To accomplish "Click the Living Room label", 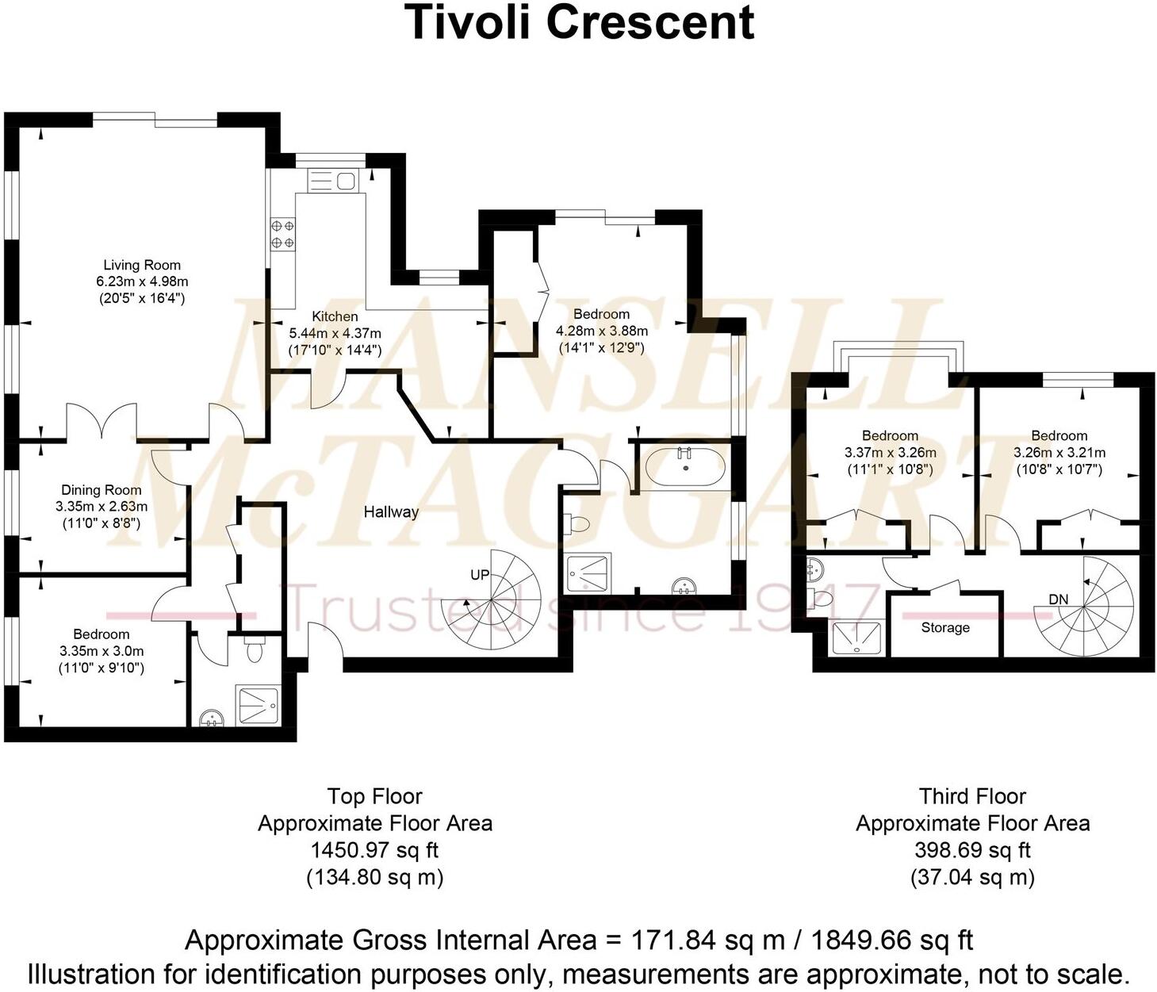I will coord(142,265).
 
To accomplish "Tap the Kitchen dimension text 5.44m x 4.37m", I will coord(335,333).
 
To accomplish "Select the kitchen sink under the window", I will coord(333,182).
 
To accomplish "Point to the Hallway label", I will coord(391,512).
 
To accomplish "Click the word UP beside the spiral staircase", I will coord(480,575).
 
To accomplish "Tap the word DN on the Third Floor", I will coord(1059,599).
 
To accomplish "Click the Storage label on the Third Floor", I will coord(945,628).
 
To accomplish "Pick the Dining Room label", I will coord(102,490).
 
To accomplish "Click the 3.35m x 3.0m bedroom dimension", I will coord(102,651).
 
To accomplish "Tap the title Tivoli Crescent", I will coord(579,22).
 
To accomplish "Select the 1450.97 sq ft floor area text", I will coord(374,850).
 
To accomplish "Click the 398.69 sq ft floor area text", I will coord(972,850).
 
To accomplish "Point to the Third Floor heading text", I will coord(972,796).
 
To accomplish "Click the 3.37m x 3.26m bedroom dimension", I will coord(890,453).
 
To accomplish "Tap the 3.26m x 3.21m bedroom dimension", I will coord(1059,453).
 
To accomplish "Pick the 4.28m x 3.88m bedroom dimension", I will coord(602,331).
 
